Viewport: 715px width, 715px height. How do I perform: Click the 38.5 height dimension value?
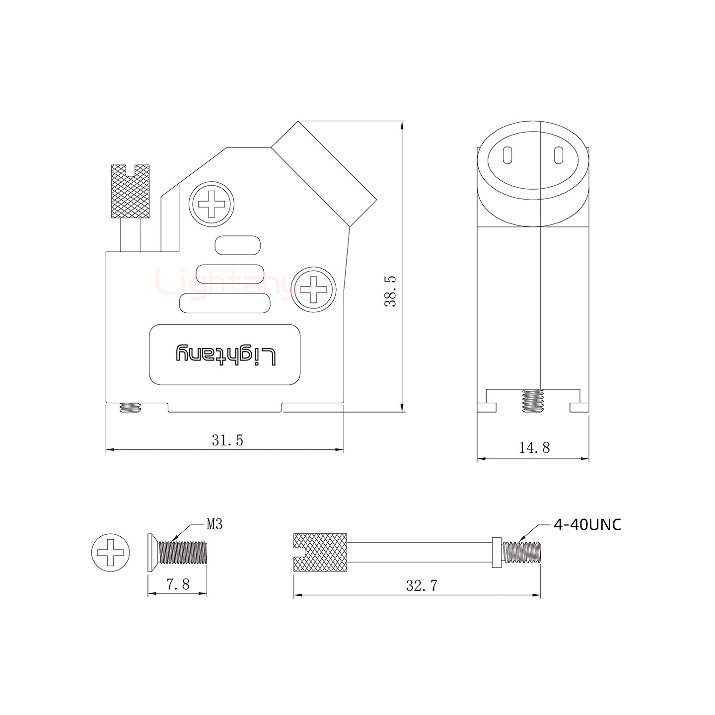pos(391,290)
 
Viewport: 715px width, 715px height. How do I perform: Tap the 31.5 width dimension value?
pos(227,440)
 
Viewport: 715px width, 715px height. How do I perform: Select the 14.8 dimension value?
pos(534,448)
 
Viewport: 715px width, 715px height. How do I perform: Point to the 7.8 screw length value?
pos(178,584)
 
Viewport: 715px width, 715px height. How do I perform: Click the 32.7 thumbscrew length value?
pos(422,585)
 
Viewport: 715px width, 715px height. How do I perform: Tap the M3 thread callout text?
pos(214,524)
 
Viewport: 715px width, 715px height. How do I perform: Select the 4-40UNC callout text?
pos(587,525)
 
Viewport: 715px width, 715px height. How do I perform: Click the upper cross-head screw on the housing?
pos(212,204)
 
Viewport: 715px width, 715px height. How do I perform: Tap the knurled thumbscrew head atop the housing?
pos(130,192)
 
